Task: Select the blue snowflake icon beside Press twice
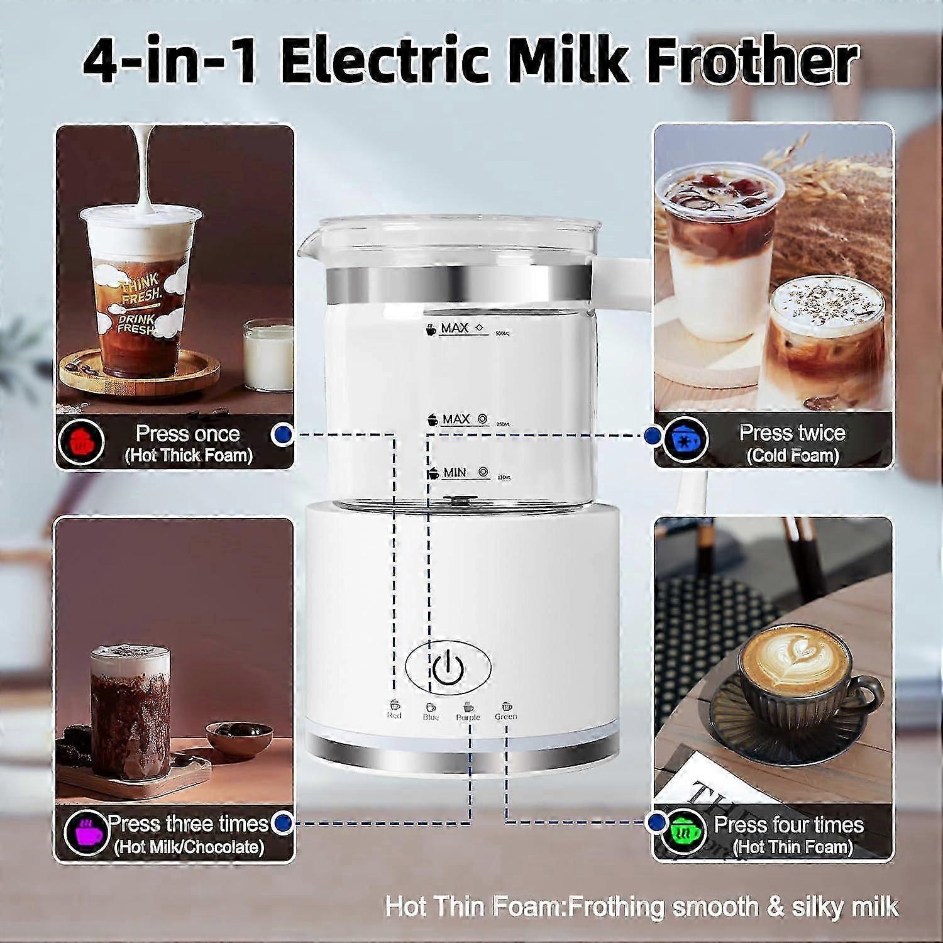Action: pos(683,440)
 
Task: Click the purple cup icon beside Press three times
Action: pos(87,832)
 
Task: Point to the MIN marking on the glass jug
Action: pos(455,473)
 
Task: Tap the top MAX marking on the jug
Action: pos(455,328)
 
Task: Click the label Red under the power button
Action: pos(394,715)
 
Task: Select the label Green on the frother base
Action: pos(506,716)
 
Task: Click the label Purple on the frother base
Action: pos(468,717)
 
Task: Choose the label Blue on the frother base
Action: pos(431,717)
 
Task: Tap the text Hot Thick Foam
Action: pos(189,456)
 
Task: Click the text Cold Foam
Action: pos(793,456)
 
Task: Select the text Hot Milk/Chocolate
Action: pos(189,846)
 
